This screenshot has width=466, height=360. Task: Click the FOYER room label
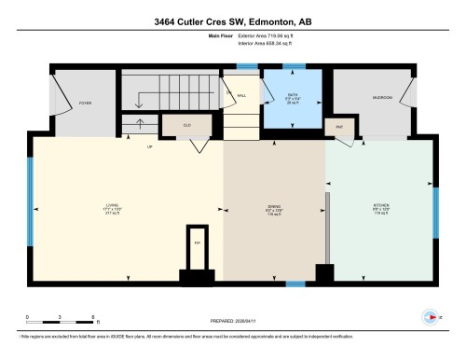pyautogui.click(x=85, y=103)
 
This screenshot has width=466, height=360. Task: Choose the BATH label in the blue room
pyautogui.click(x=292, y=95)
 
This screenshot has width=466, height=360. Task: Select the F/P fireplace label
pyautogui.click(x=197, y=242)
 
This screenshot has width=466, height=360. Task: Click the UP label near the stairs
pyautogui.click(x=148, y=146)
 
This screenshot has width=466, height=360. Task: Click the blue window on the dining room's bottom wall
pyautogui.click(x=295, y=284)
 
